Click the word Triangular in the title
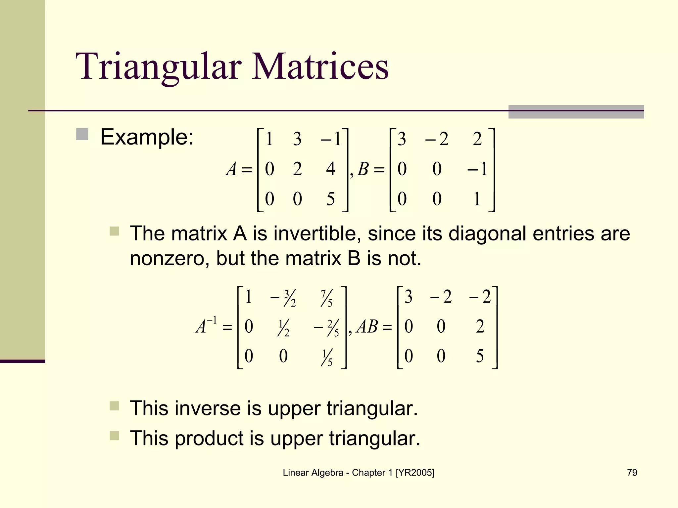point(159,67)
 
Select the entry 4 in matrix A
point(330,169)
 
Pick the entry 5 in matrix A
point(330,199)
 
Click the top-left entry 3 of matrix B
point(402,139)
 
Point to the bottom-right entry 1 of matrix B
point(477,199)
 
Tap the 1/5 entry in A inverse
point(326,358)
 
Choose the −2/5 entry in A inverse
point(326,328)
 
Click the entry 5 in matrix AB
point(480,356)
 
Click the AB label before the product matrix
point(367,327)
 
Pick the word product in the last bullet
point(209,438)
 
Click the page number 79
point(632,473)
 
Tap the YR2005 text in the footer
point(415,473)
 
